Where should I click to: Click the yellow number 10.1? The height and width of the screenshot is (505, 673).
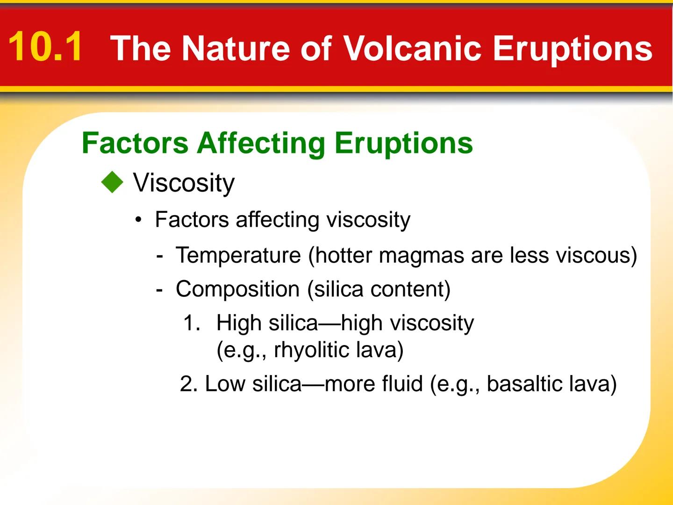[46, 47]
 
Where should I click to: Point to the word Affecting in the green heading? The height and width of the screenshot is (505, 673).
[261, 144]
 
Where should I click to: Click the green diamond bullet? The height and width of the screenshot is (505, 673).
[112, 182]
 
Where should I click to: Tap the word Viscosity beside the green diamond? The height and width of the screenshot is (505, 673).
[184, 183]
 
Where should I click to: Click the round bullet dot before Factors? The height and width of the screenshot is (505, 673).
[138, 220]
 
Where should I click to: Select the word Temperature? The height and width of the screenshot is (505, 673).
[238, 256]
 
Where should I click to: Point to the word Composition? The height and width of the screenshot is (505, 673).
[237, 289]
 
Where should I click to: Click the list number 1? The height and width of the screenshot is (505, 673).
[192, 323]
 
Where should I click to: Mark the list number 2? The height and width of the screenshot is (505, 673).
[188, 384]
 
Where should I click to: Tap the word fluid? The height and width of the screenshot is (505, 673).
[402, 384]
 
